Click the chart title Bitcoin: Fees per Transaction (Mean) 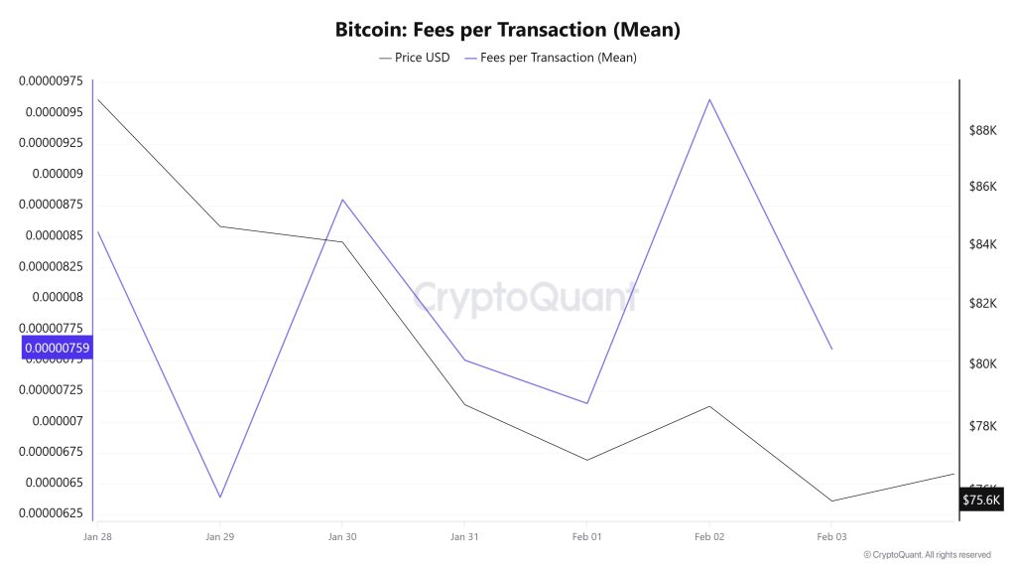pos(507,30)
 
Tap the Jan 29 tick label pos(219,536)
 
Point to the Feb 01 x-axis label pos(586,536)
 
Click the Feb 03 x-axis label pos(831,536)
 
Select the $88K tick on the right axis pos(982,130)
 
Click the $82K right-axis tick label pos(982,303)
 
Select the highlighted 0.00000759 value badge pos(57,348)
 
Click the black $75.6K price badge pos(981,500)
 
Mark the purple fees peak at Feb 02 pos(709,99)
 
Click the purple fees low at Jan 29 pos(219,497)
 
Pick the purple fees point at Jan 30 pos(342,200)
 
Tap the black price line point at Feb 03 pos(831,500)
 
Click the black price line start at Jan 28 pos(97,99)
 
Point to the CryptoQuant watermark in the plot pos(524,298)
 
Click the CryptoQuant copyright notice pos(927,555)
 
